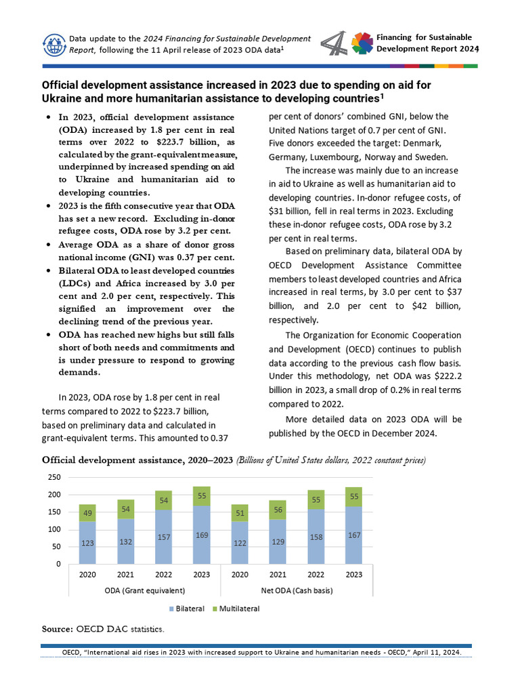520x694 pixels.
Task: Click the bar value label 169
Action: click(x=202, y=535)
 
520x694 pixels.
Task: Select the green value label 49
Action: click(x=88, y=514)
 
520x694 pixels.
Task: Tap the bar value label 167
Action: click(x=354, y=535)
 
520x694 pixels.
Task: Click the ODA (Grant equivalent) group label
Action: click(x=144, y=590)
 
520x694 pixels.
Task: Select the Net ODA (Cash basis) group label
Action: click(x=297, y=590)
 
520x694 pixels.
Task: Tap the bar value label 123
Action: click(x=88, y=542)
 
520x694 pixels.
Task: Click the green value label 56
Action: click(x=278, y=510)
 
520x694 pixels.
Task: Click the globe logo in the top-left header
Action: click(x=52, y=44)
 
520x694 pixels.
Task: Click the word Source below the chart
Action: click(x=58, y=629)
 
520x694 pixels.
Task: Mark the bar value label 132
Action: click(x=126, y=541)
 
